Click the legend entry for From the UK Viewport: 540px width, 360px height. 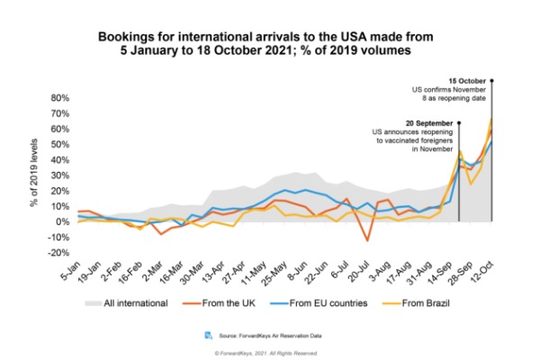(223, 302)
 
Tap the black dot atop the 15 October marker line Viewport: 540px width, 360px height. (492, 80)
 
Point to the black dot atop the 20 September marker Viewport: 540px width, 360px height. (459, 123)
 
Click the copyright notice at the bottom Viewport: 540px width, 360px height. (269, 350)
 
